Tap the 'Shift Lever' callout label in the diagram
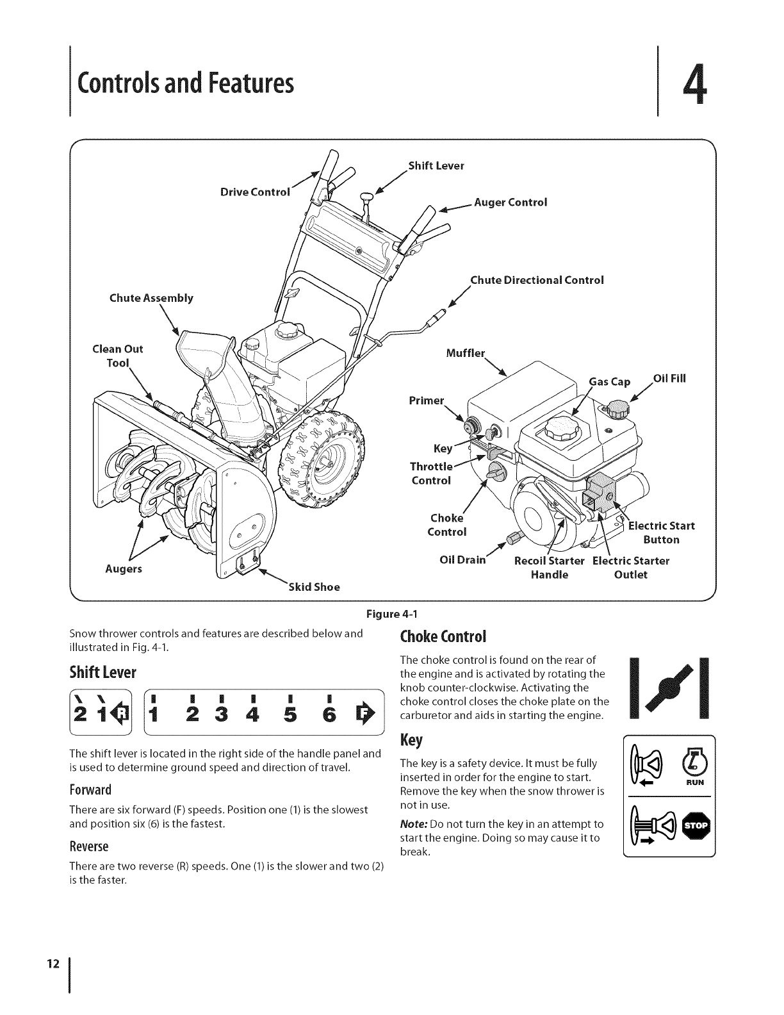436,166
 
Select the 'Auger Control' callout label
510,202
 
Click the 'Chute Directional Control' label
537,280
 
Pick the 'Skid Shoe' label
314,586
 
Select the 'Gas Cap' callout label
610,382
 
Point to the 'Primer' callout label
426,400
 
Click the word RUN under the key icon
696,782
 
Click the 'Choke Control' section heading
443,637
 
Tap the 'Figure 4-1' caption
391,615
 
